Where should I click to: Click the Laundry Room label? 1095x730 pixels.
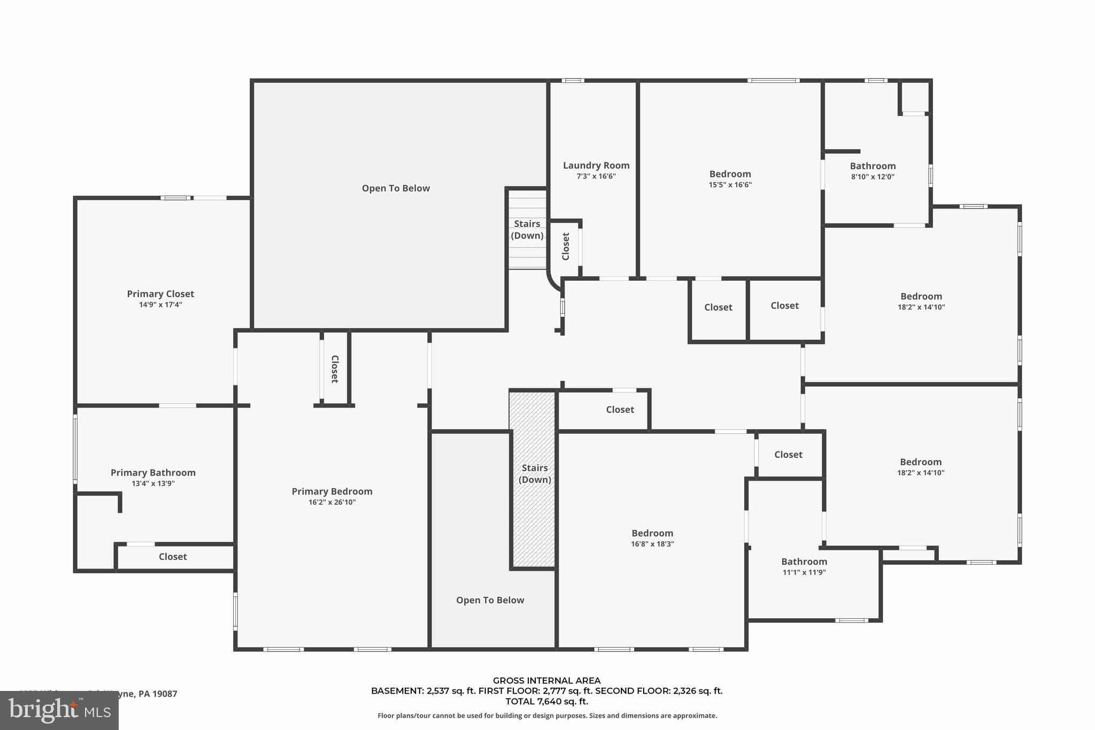click(596, 166)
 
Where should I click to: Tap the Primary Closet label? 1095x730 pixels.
click(160, 294)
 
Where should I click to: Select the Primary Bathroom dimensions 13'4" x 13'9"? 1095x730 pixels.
click(153, 483)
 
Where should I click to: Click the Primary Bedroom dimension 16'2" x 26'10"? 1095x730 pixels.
click(331, 502)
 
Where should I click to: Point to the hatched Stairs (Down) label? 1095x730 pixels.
click(535, 473)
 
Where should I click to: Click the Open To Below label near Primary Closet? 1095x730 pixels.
click(396, 188)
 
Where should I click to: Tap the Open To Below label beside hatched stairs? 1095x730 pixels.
click(490, 600)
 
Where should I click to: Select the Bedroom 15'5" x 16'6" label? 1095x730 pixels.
click(730, 174)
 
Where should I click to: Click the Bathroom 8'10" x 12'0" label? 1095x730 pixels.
click(873, 166)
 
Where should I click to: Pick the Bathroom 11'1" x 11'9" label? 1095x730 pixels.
click(804, 562)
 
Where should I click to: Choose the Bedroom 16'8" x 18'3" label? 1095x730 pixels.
click(652, 533)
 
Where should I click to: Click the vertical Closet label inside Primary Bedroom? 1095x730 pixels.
click(335, 369)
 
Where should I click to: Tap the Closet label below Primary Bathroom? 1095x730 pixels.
click(173, 557)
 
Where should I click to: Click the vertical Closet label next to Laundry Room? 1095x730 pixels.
click(566, 246)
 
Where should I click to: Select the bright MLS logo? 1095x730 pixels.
click(59, 711)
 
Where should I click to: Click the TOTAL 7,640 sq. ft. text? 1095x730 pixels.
click(546, 701)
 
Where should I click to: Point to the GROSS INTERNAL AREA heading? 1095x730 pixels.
click(546, 681)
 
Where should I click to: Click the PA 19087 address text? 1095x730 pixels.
click(157, 694)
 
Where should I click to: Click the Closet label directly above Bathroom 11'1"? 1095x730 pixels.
click(788, 455)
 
